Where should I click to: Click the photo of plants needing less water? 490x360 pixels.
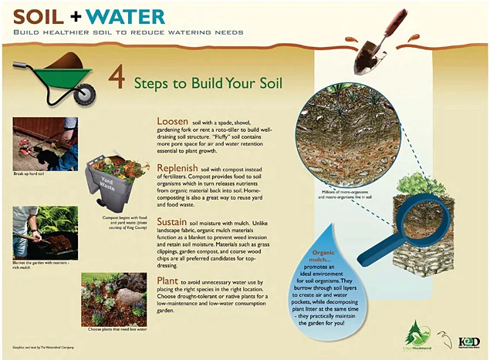pyautogui.click(x=113, y=298)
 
